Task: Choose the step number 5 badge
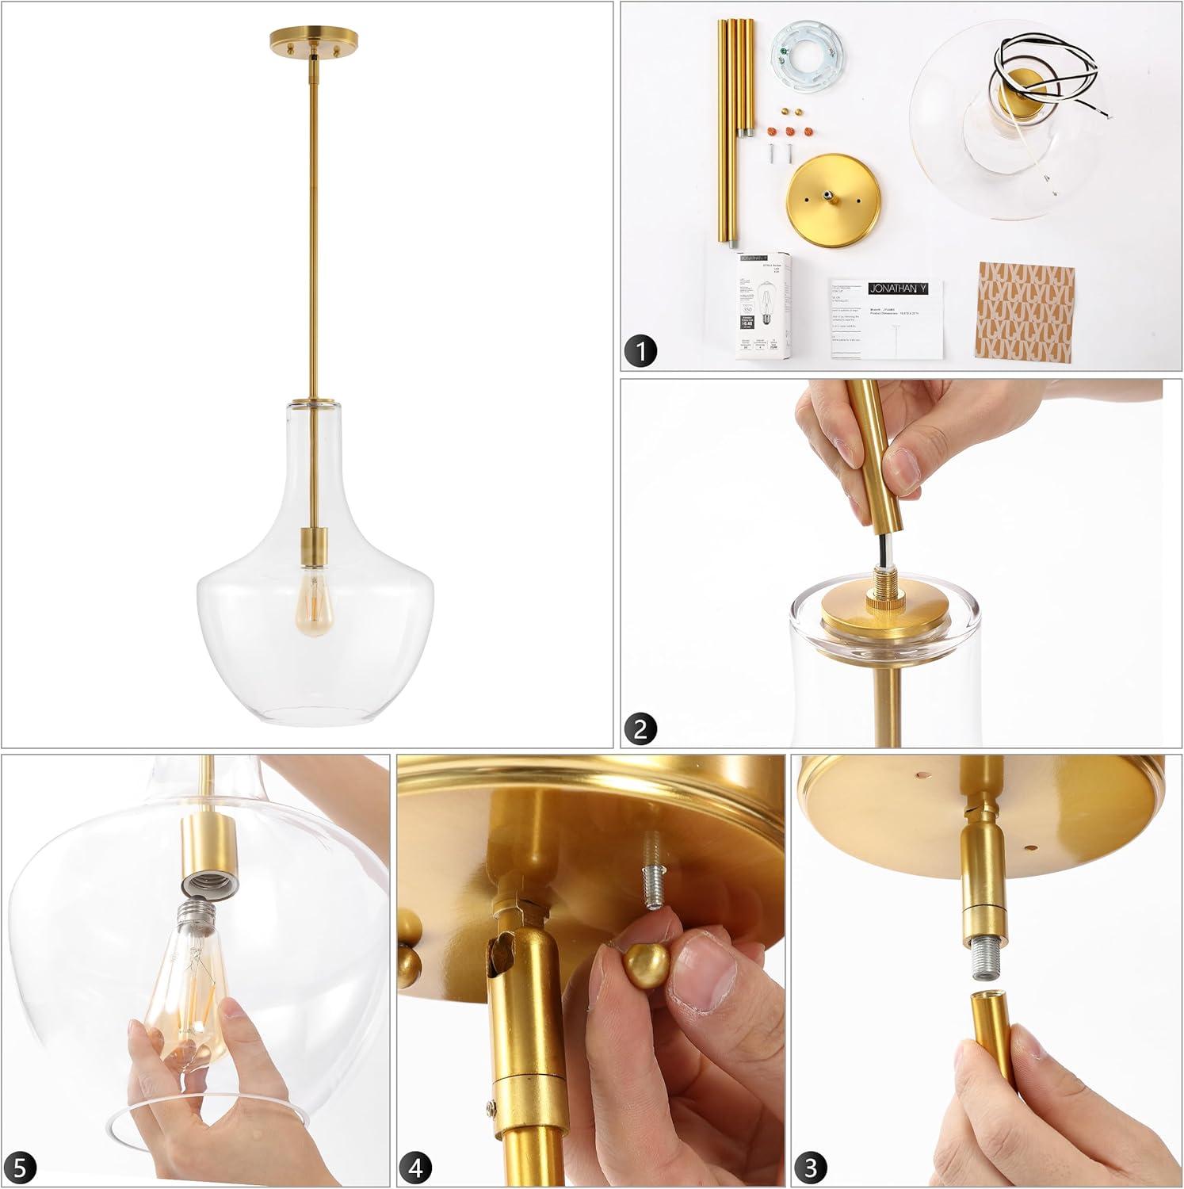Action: pyautogui.click(x=24, y=1168)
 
